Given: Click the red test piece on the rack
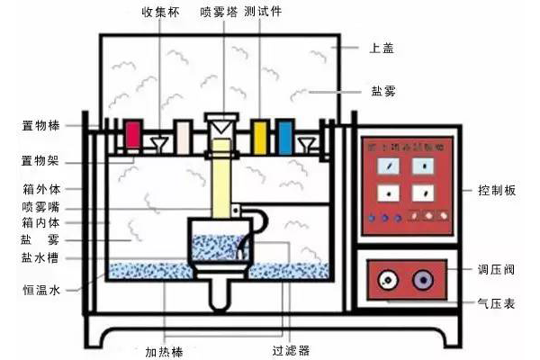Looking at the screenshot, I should click(x=132, y=135).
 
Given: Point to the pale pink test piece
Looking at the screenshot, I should click(x=183, y=136).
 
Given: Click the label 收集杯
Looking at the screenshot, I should click(x=159, y=13).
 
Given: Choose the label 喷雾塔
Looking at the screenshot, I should click(x=217, y=13).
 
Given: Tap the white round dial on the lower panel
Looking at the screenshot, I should click(x=387, y=280).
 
